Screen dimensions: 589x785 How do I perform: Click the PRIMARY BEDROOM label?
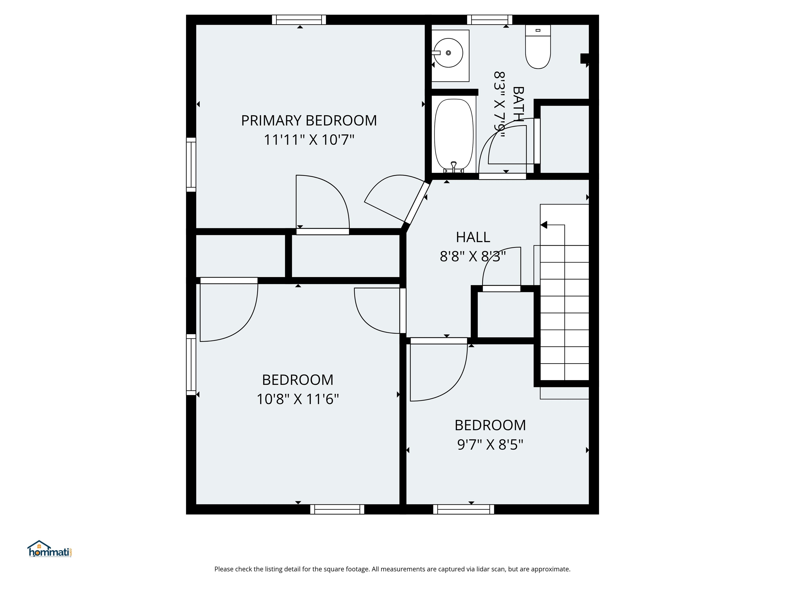click(x=309, y=121)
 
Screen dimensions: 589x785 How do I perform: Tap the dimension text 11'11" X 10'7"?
click(x=309, y=140)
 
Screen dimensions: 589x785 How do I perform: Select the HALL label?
click(x=473, y=237)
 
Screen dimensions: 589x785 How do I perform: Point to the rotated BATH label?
click(x=518, y=104)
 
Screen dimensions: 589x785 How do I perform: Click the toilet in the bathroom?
click(x=538, y=50)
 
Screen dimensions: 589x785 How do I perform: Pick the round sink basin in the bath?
click(x=448, y=53)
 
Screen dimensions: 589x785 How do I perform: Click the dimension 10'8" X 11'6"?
click(x=297, y=399)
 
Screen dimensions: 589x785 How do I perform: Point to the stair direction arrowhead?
click(x=544, y=225)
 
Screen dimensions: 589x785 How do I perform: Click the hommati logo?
click(x=50, y=550)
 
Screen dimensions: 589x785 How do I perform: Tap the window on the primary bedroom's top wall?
click(x=299, y=20)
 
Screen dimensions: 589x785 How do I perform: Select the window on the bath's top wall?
click(x=489, y=20)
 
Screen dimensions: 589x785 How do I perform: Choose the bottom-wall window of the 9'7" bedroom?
click(x=464, y=509)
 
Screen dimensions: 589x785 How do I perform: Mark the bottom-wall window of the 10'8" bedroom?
click(x=337, y=509)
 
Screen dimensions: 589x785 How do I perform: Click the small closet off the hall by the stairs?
click(x=505, y=314)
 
